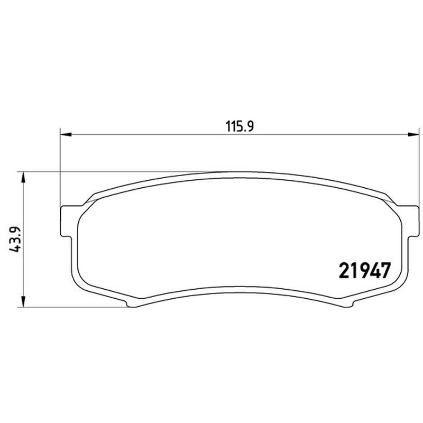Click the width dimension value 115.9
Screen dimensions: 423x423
tap(240, 126)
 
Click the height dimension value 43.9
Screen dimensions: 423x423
tap(15, 240)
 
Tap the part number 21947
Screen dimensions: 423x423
tap(364, 271)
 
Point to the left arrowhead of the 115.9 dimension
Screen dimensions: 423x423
tap(66, 134)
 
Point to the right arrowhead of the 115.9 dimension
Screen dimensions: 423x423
tap(413, 134)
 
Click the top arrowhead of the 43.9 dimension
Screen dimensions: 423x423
tap(23, 177)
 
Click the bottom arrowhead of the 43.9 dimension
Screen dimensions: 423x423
tap(23, 301)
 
